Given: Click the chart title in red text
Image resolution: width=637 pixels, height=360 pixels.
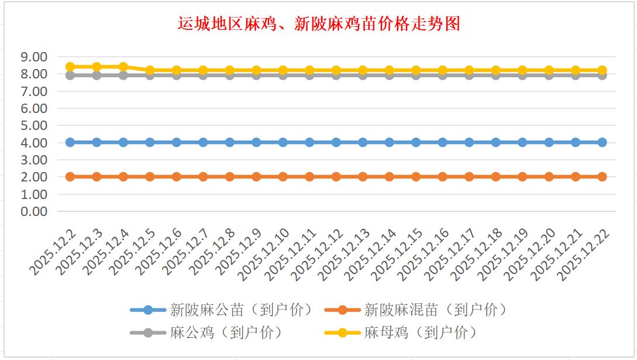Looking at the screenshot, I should pos(319,24).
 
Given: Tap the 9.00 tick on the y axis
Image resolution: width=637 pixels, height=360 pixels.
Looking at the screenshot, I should pos(33,57).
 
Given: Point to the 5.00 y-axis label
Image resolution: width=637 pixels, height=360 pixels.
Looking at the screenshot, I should pos(33,125).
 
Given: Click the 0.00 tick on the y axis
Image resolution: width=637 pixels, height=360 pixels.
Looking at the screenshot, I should pos(33,211).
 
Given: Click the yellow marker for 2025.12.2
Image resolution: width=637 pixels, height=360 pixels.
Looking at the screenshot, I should pos(70,67).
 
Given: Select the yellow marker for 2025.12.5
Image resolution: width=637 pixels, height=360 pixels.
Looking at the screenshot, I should pos(150,70).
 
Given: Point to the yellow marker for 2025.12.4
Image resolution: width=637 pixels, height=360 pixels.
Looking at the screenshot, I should pos(123,67).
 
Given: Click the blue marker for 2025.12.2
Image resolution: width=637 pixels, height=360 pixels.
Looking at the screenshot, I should pos(70,142).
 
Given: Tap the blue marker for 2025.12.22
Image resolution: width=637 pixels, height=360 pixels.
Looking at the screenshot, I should pos(602,142).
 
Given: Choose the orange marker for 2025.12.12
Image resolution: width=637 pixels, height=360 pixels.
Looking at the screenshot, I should pos(336,177).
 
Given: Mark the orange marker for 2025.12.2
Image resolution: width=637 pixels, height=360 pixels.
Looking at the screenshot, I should pos(70,177).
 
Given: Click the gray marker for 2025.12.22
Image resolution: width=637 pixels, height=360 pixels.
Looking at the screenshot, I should pos(602,76).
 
